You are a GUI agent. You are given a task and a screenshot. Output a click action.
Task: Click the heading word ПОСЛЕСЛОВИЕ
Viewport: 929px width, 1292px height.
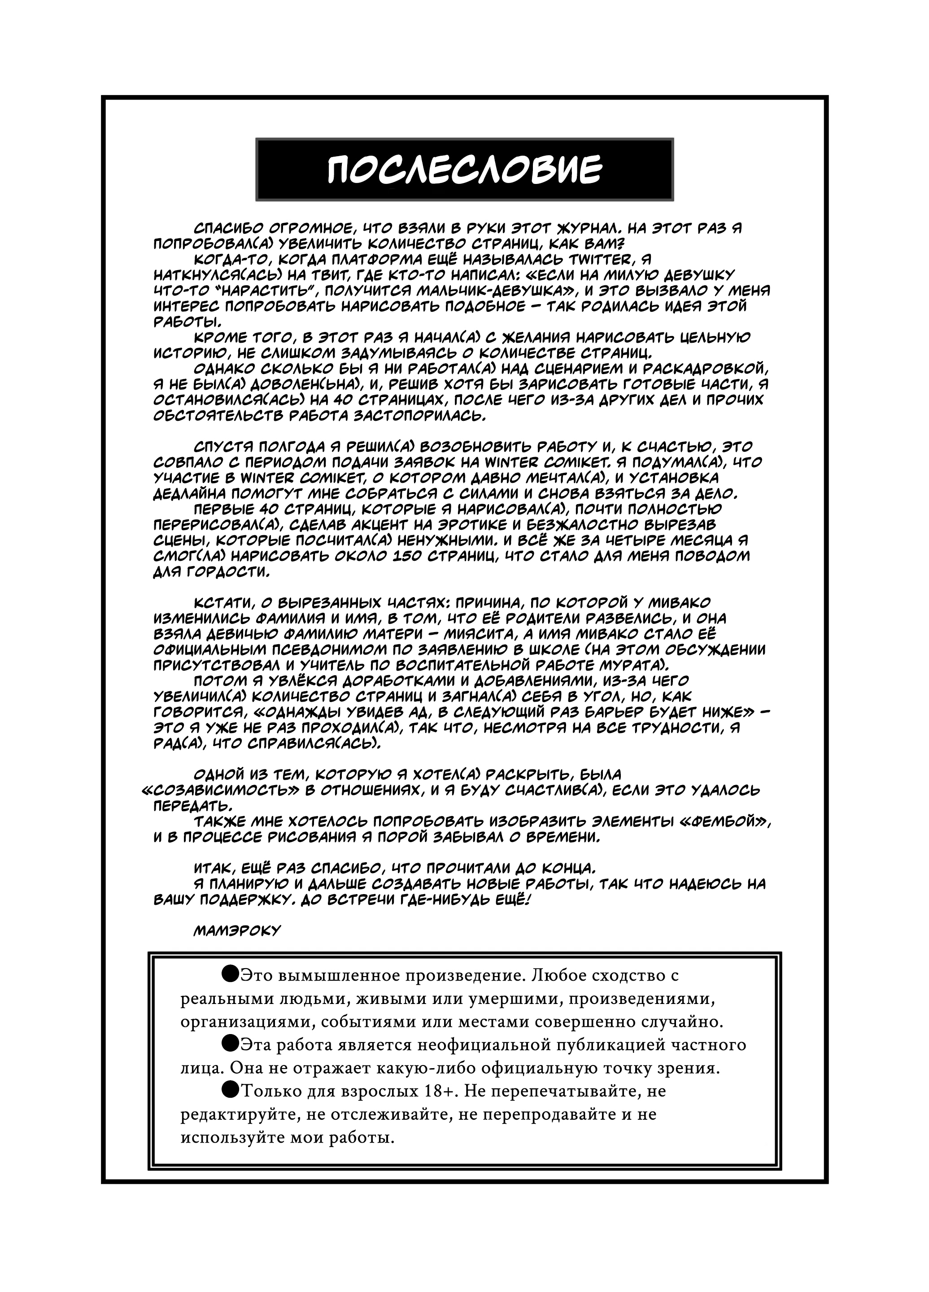[464, 169]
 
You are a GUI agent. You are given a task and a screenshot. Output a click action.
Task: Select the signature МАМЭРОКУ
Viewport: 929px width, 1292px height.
[237, 930]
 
